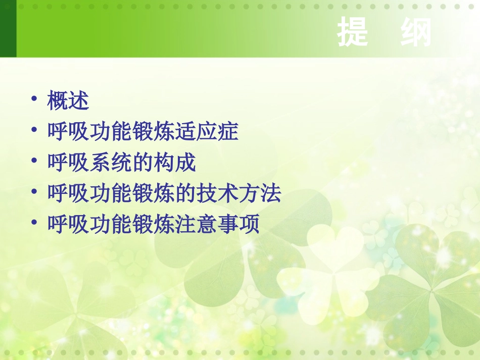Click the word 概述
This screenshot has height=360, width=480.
click(x=68, y=101)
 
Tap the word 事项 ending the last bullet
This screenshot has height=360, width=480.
click(x=238, y=225)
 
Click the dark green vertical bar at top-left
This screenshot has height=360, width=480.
click(x=8, y=28)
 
